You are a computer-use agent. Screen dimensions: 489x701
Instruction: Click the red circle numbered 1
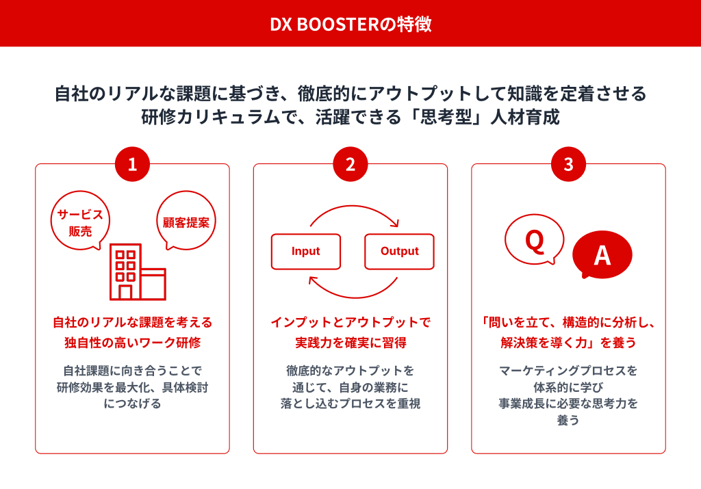(x=132, y=164)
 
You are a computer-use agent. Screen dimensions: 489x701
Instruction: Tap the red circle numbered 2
(x=350, y=164)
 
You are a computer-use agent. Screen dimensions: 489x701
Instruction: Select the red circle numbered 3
(x=568, y=164)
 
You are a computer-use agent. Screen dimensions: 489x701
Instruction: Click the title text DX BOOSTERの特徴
(x=350, y=24)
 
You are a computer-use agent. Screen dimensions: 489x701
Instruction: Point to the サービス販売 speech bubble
(x=81, y=222)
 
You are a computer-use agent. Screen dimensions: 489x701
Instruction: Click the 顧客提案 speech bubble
(x=186, y=222)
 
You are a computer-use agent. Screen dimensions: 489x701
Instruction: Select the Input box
(x=305, y=251)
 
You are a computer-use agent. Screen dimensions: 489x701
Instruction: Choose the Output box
(x=399, y=251)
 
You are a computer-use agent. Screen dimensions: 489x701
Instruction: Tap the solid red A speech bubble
(x=602, y=254)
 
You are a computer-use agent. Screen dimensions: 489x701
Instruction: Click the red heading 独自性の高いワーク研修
(x=132, y=341)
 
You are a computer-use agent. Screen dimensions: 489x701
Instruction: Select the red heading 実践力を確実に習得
(x=350, y=341)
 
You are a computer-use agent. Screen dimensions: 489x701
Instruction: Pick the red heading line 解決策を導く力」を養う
(x=568, y=341)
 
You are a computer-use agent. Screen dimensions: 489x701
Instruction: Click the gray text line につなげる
(x=132, y=404)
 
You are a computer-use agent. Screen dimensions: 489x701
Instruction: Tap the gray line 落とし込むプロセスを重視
(x=350, y=404)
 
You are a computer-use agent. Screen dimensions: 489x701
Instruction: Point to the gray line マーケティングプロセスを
(x=568, y=371)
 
